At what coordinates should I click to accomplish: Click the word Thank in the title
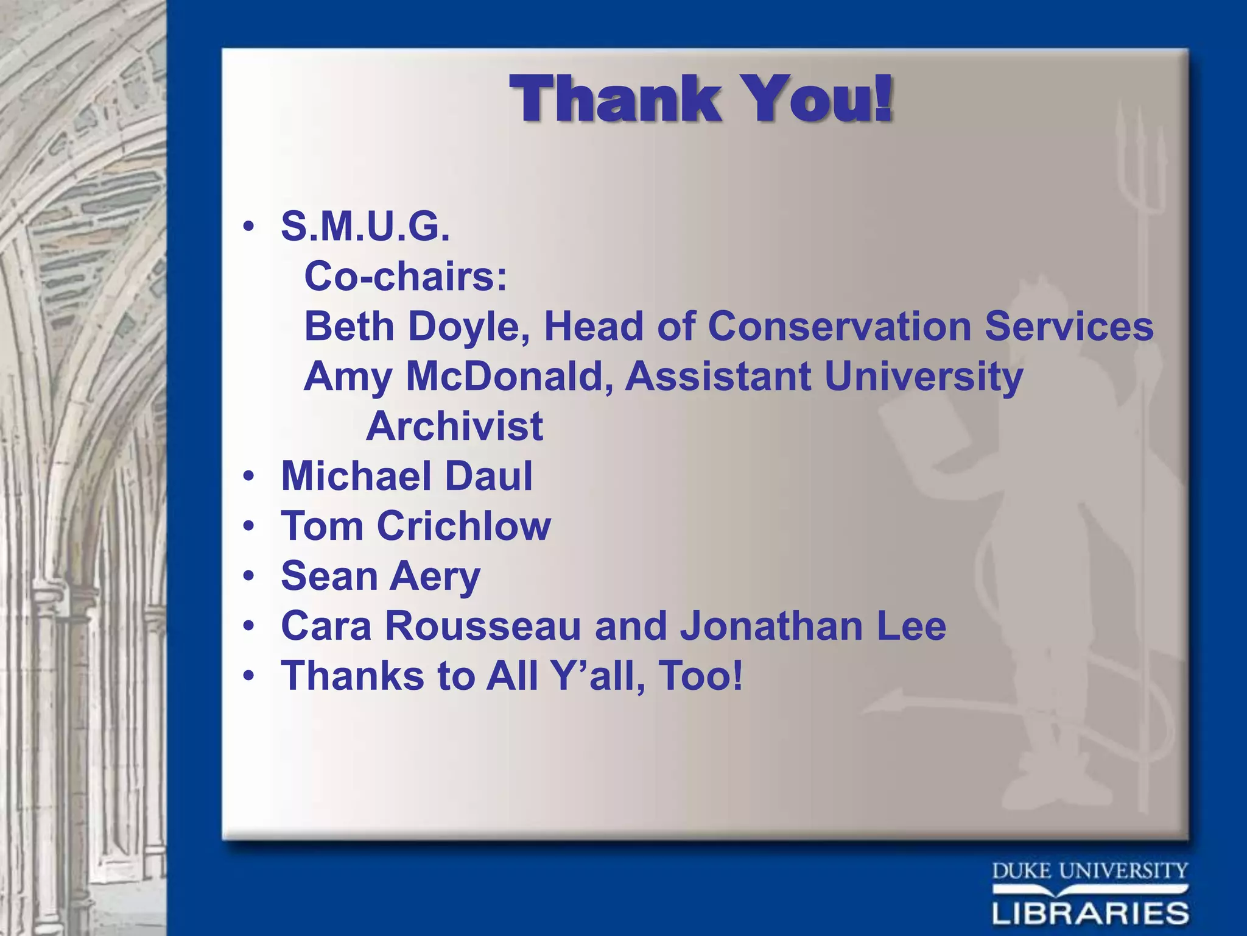pos(616,99)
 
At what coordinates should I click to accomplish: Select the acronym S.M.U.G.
pos(365,227)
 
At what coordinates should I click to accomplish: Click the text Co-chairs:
pos(406,276)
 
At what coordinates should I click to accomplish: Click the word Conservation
pos(840,326)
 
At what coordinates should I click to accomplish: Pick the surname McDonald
pos(510,376)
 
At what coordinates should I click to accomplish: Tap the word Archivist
pos(454,426)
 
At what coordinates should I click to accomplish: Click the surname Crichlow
pos(464,526)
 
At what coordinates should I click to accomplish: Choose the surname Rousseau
pos(483,626)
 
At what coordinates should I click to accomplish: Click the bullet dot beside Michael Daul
pos(248,476)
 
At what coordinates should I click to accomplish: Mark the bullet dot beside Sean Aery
pos(248,576)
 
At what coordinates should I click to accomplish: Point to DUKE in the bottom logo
pos(1022,871)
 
